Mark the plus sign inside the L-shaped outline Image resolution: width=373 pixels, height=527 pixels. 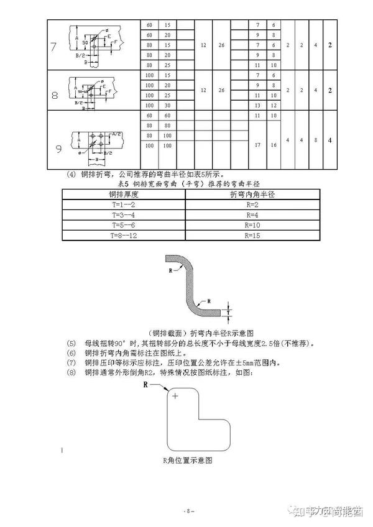[175, 396]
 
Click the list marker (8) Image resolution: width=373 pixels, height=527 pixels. [71, 372]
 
